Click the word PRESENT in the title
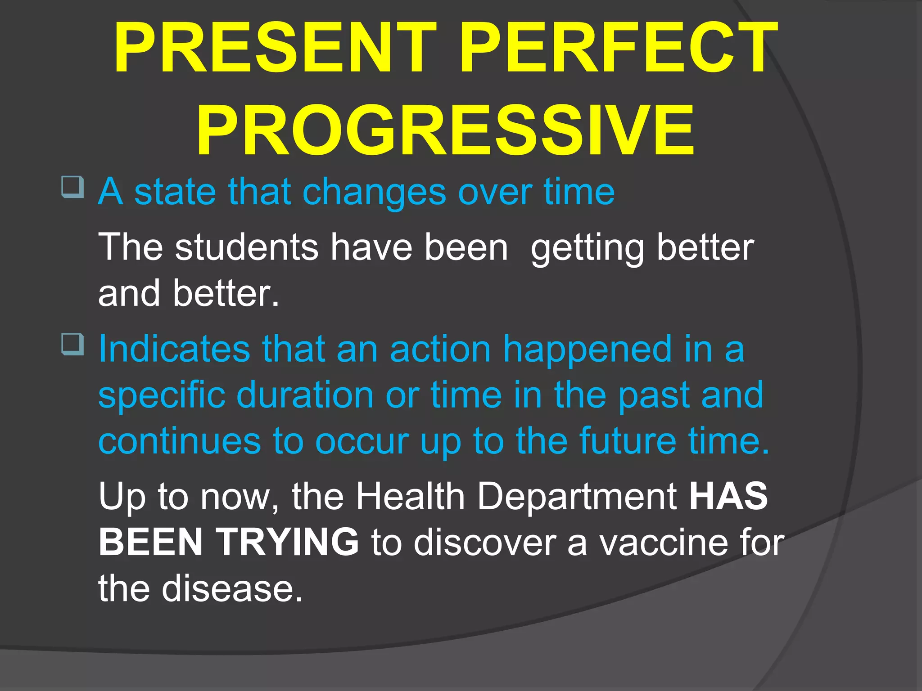[x=275, y=49]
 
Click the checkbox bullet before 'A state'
[x=72, y=187]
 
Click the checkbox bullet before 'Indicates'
[x=72, y=344]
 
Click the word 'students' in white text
[x=247, y=247]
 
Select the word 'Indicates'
[x=174, y=349]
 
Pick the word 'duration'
[x=305, y=395]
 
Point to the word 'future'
[x=628, y=441]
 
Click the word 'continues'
[x=179, y=441]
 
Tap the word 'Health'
[x=410, y=497]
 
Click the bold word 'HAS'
[x=728, y=497]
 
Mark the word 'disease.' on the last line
[x=232, y=588]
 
